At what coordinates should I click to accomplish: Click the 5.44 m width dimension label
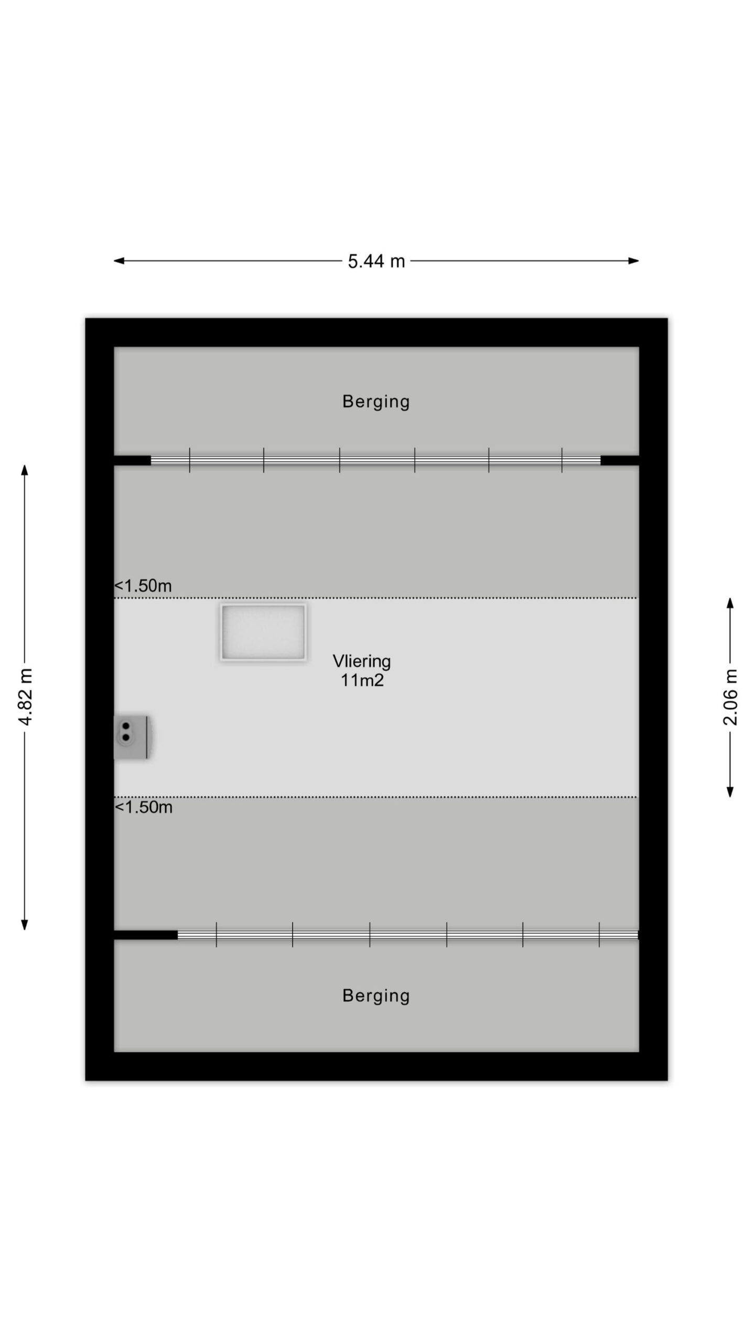click(x=376, y=261)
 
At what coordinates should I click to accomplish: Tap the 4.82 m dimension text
click(x=26, y=697)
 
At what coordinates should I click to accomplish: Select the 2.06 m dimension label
click(x=730, y=697)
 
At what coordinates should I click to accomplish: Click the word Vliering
click(x=362, y=662)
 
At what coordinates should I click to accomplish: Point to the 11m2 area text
click(x=362, y=680)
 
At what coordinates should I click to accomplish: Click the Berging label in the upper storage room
click(x=376, y=402)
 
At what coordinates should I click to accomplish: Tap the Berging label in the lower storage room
click(x=376, y=995)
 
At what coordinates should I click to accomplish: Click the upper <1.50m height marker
click(x=143, y=586)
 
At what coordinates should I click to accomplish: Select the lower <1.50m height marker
click(x=144, y=807)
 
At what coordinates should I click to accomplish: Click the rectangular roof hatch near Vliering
click(x=263, y=632)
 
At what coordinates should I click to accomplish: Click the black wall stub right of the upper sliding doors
click(x=620, y=460)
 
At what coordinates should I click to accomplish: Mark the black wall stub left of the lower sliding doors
click(x=146, y=935)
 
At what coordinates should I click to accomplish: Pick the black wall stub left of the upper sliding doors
click(x=132, y=460)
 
